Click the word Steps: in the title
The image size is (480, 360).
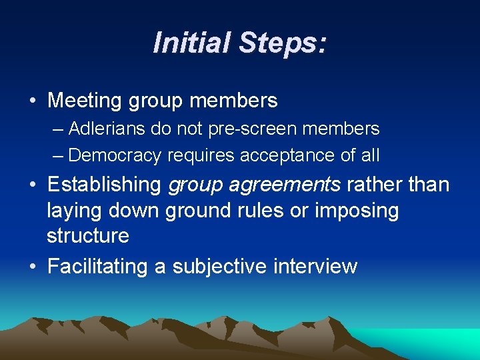click(x=283, y=43)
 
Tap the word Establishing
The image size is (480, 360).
click(x=105, y=184)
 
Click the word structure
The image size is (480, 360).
click(x=88, y=235)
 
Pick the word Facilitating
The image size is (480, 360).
click(x=98, y=266)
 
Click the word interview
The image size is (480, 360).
click(x=315, y=266)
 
